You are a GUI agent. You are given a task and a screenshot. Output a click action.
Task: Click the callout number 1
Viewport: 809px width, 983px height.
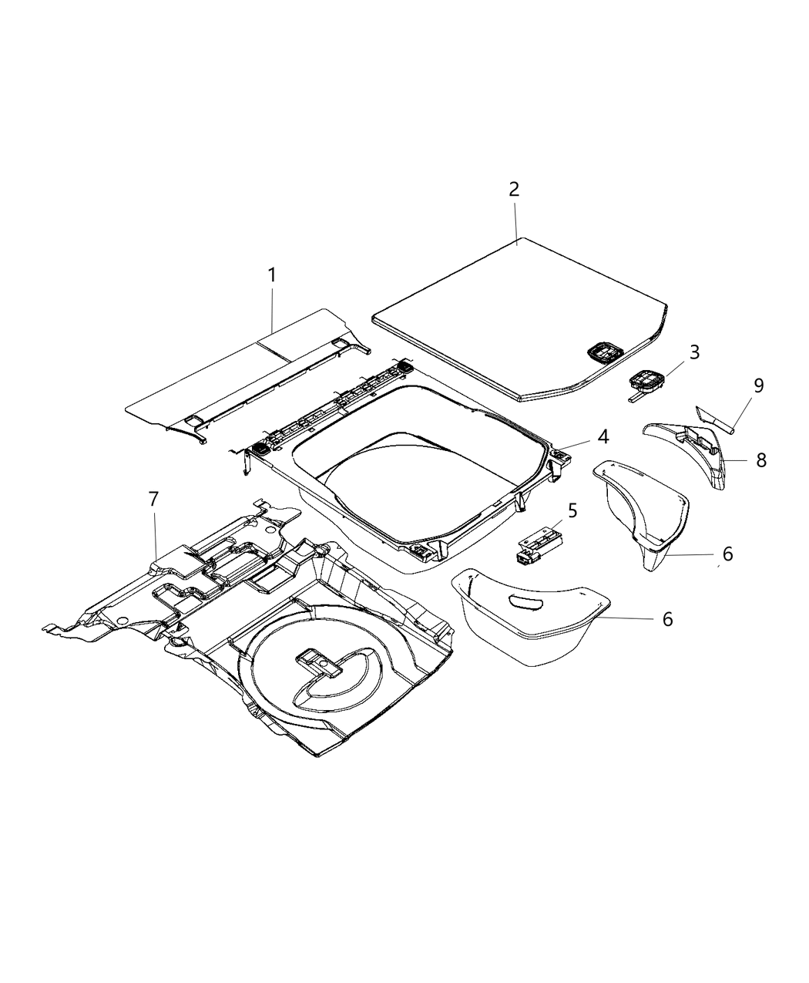click(x=271, y=274)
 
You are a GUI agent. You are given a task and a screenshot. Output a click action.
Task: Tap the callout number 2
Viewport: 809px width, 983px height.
click(x=514, y=190)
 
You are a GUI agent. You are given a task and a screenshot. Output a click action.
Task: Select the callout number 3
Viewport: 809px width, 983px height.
click(x=694, y=352)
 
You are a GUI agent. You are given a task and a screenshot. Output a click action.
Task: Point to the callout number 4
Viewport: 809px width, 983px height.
click(x=602, y=437)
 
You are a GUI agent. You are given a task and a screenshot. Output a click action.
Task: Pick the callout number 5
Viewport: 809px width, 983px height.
click(x=572, y=510)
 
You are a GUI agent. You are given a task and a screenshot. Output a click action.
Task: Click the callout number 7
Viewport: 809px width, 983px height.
click(x=153, y=500)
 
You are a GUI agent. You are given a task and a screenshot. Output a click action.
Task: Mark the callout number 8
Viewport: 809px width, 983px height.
click(x=761, y=460)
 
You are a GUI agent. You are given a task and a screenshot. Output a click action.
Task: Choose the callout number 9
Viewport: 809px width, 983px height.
click(x=759, y=385)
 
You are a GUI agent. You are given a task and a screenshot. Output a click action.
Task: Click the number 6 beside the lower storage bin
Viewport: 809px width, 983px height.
click(x=667, y=618)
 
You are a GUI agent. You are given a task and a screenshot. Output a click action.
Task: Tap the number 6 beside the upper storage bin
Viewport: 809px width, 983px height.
click(x=727, y=554)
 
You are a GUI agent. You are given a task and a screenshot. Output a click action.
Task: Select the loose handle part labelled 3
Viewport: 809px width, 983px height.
click(x=646, y=382)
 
